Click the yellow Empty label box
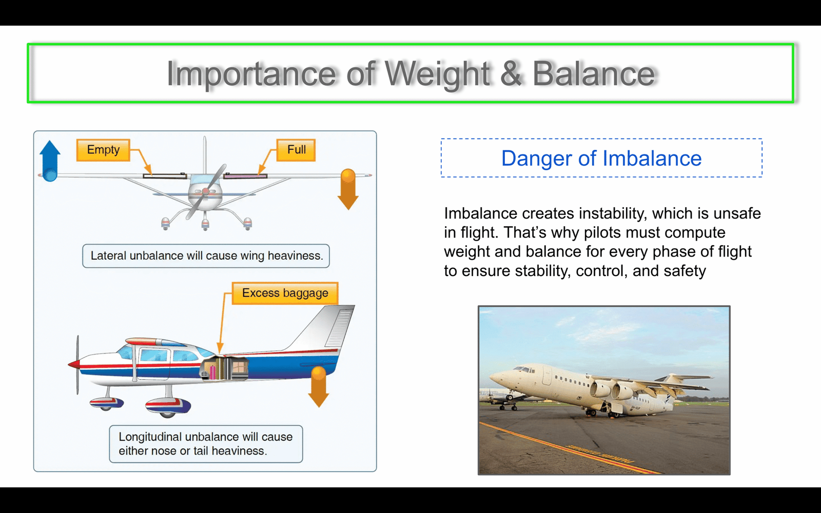(x=103, y=150)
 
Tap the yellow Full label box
(x=296, y=150)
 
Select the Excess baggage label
(x=285, y=293)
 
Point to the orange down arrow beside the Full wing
(x=348, y=189)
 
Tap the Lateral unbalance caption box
(x=206, y=256)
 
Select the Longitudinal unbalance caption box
(x=206, y=444)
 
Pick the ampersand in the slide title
(x=511, y=74)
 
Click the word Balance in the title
(x=593, y=74)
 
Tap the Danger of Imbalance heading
(x=601, y=159)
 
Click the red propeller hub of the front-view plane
(x=206, y=191)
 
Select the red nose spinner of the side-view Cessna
(x=74, y=364)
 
